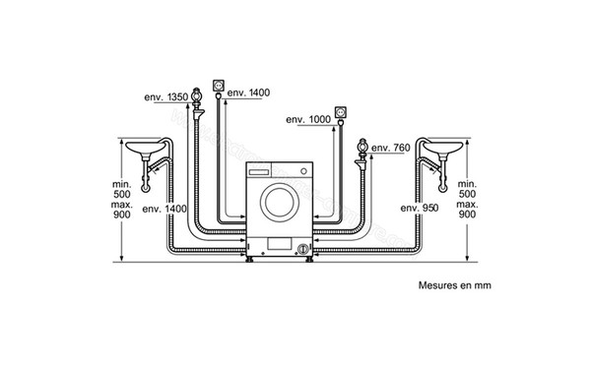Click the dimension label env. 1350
pos(165,97)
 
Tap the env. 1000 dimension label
pos(308,120)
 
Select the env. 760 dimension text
pos(390,148)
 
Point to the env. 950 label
pos(420,208)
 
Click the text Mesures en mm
pos(454,285)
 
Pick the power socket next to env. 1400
pos(219,86)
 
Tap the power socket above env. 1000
pos(341,112)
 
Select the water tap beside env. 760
pos(361,154)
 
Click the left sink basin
pos(146,148)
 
